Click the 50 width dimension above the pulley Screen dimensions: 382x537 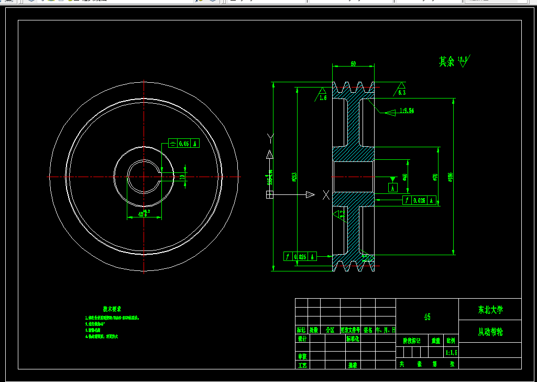coord(354,63)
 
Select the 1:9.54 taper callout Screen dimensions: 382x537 coord(407,111)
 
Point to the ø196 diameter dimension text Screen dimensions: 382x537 coord(450,177)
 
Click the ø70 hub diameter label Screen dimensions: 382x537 coord(435,177)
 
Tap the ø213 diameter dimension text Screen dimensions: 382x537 coord(294,177)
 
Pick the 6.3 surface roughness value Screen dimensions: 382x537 coord(402,92)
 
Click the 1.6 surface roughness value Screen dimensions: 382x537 coord(323,97)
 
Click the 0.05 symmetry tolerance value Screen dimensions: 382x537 coord(184,144)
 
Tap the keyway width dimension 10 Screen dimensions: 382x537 coord(182,177)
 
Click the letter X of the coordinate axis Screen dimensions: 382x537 coord(326,195)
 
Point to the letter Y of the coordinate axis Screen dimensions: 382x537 coord(270,138)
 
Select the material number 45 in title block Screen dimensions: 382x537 coord(427,317)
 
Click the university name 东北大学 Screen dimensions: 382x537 coord(490,310)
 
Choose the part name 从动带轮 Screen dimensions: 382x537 coord(490,332)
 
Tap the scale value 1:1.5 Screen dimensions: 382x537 coord(451,353)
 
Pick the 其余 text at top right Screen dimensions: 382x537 coord(446,62)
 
